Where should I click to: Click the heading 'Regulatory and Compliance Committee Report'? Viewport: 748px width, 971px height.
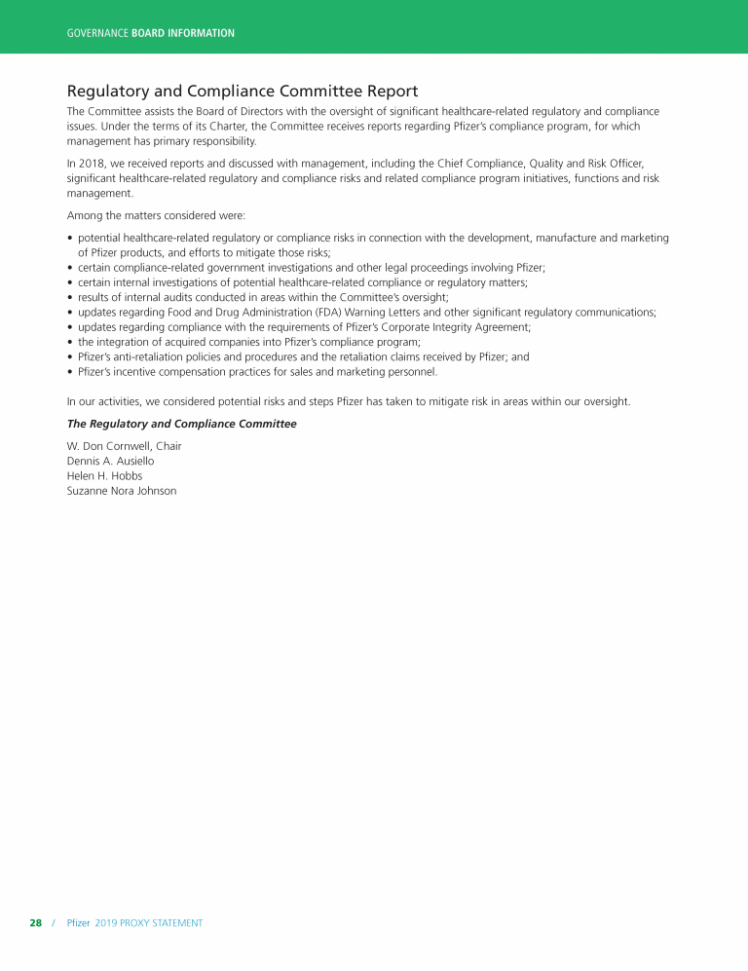pos(243,92)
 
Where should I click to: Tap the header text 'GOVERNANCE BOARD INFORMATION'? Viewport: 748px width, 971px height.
pos(151,33)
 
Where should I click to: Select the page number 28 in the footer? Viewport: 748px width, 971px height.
pos(35,922)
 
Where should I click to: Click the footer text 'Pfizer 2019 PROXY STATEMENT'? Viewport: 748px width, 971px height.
pos(134,922)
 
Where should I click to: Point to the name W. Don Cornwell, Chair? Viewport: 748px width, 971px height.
pos(124,446)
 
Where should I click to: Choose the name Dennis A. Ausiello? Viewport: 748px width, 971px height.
pos(110,461)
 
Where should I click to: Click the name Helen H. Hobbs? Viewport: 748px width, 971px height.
pos(103,475)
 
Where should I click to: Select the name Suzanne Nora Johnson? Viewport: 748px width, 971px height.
pos(122,491)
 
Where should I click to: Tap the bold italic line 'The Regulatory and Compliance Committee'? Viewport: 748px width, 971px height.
pos(181,424)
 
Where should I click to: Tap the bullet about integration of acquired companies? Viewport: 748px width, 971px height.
pos(248,342)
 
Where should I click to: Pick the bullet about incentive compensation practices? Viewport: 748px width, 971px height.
pos(258,371)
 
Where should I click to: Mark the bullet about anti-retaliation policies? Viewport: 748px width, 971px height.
pos(303,356)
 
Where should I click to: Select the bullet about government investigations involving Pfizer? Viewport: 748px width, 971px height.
pos(311,267)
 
